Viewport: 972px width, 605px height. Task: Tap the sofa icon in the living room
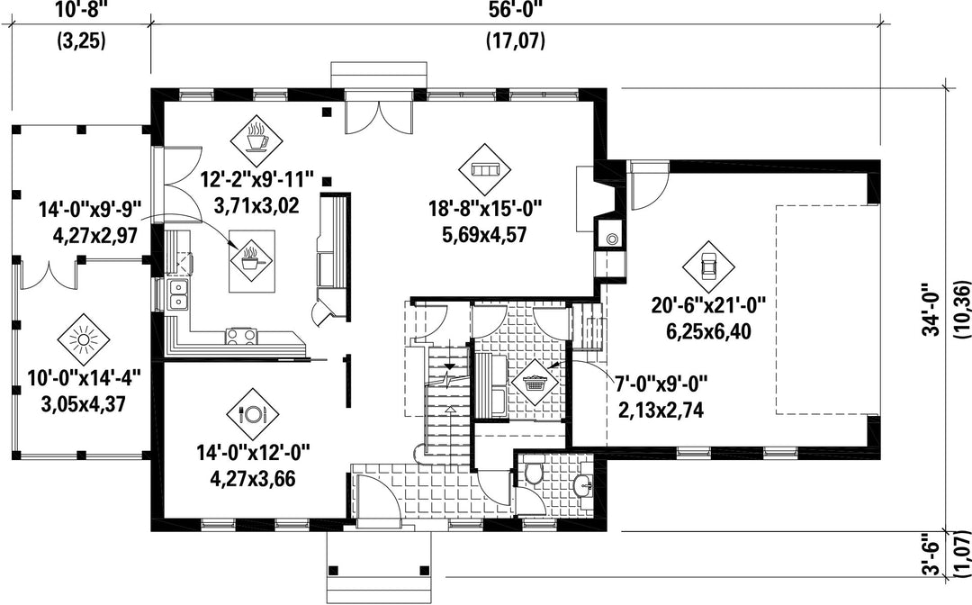tap(485, 169)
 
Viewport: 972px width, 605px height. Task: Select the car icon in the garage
tap(708, 266)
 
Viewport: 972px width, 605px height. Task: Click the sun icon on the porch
tap(83, 340)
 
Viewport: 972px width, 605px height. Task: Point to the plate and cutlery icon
tap(252, 414)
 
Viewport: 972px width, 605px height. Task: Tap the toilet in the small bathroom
tap(533, 471)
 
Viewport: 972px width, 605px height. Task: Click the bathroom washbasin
tap(582, 485)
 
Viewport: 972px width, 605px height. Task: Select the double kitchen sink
tap(178, 295)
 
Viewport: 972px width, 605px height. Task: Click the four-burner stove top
tap(241, 335)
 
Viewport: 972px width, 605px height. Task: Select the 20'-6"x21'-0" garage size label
tap(708, 304)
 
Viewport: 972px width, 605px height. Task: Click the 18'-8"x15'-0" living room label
tap(486, 208)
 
